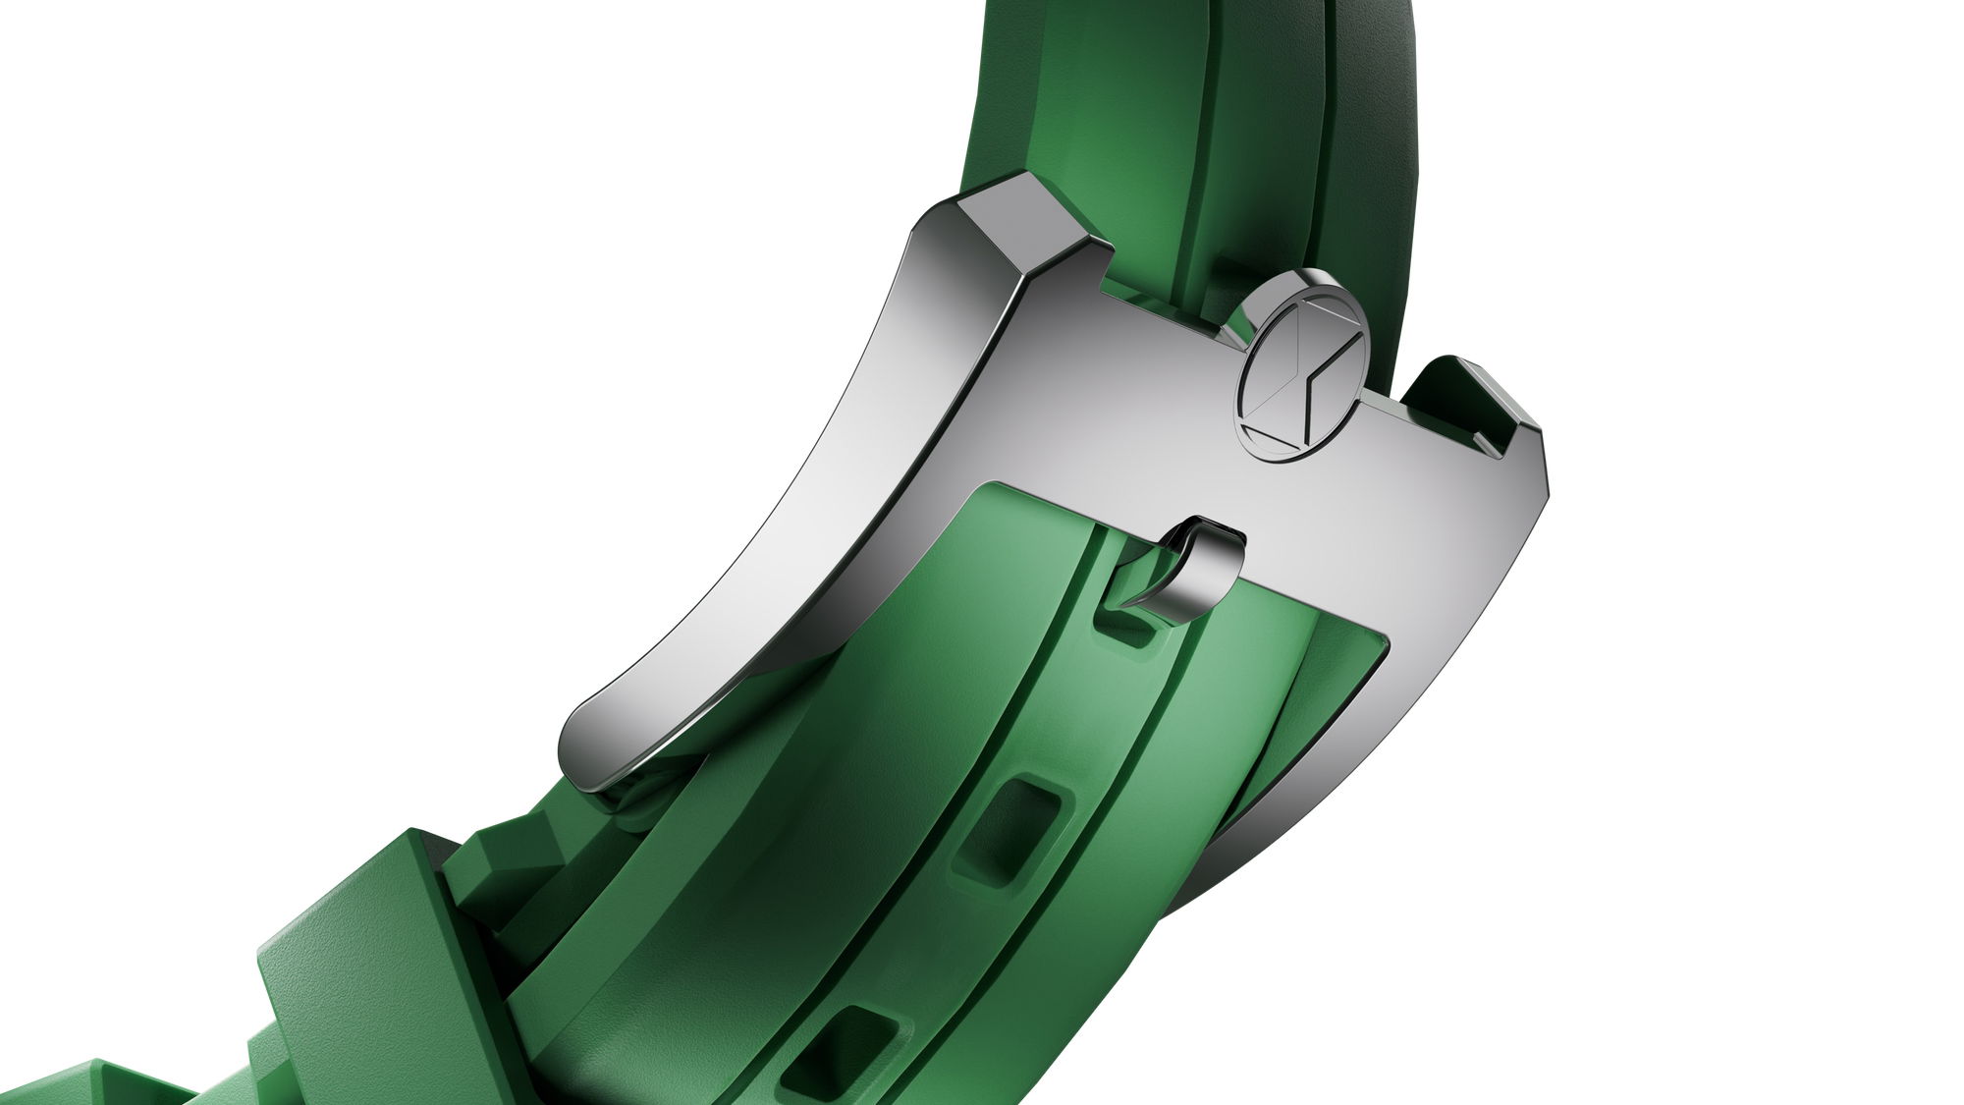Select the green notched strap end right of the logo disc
click(1463, 403)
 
